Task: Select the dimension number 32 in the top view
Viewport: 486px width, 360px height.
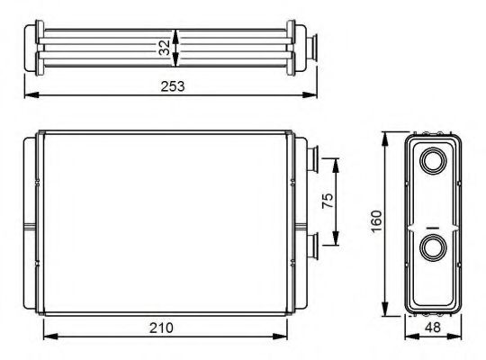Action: (164, 47)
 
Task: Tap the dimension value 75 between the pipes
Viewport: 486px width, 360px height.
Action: (328, 201)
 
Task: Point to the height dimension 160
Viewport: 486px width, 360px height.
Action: (376, 220)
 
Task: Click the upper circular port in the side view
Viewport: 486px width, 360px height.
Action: (431, 163)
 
